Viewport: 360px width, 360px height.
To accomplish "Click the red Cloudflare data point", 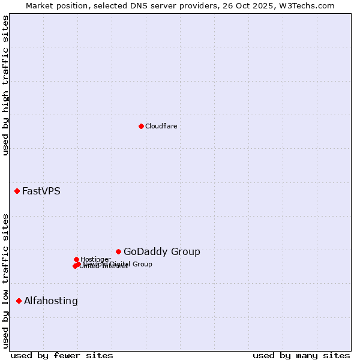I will point(141,126).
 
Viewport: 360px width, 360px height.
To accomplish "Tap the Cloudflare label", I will point(161,126).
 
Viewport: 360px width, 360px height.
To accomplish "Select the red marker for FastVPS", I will point(17,191).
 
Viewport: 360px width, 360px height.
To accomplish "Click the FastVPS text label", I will point(41,191).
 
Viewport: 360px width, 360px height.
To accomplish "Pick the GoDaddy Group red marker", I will point(118,251).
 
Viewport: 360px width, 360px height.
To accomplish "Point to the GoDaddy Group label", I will point(161,252).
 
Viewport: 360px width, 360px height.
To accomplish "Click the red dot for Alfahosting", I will point(19,301).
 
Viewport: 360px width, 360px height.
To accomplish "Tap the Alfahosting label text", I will point(50,301).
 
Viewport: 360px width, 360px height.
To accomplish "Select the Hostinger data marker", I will point(76,259).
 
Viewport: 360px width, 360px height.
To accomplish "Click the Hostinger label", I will point(95,259).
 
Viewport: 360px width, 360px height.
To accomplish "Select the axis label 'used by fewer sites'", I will point(61,355).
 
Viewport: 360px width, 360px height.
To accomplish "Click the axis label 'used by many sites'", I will point(301,355).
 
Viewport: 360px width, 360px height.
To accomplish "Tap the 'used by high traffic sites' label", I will point(5,85).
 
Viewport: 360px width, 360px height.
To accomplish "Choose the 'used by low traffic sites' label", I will point(5,280).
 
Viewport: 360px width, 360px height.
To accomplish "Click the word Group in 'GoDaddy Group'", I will point(185,252).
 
